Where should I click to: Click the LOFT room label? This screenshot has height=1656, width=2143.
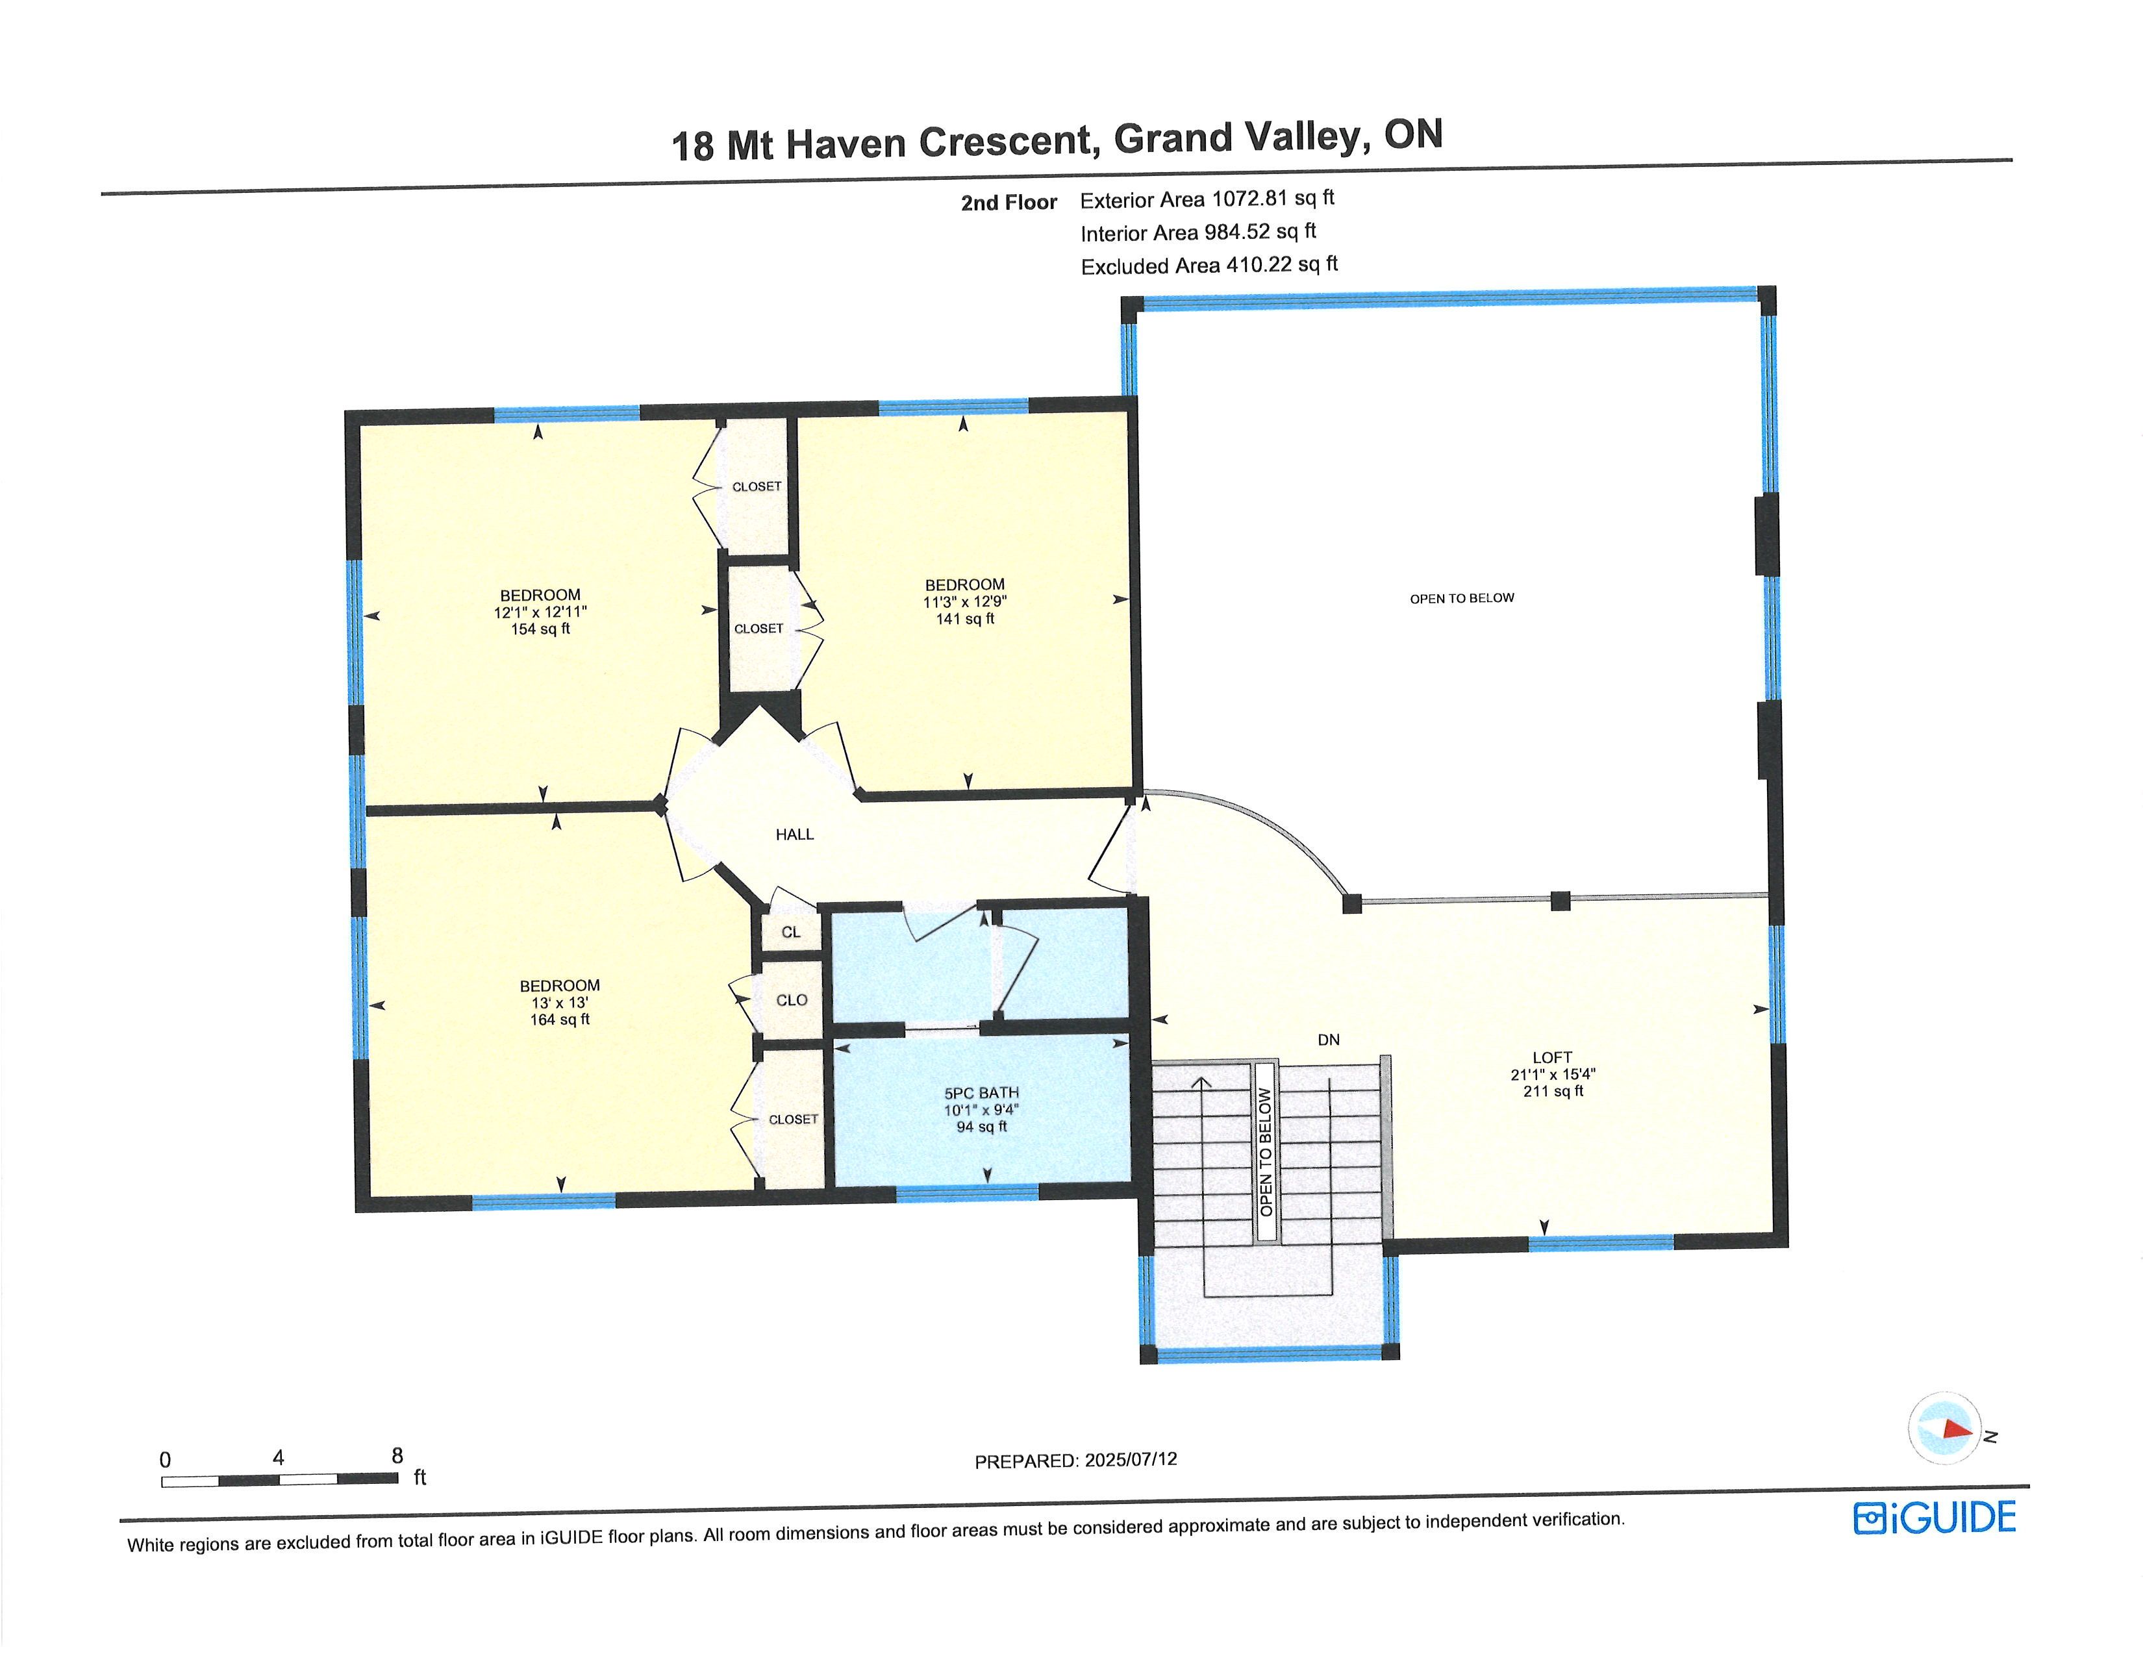coord(1552,1057)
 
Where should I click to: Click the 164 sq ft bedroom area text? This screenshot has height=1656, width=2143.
coord(560,1020)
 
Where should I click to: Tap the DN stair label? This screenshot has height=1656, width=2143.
coord(1329,1040)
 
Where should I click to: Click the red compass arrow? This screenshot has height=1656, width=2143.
coord(1957,1429)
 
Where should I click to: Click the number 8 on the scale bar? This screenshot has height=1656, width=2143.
coord(397,1456)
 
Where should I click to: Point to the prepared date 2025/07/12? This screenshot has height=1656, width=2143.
coord(1131,1460)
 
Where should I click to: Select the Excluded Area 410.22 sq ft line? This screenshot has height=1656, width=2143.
coord(1209,265)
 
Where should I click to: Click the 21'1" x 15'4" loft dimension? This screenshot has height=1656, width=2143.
coord(1553,1074)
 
